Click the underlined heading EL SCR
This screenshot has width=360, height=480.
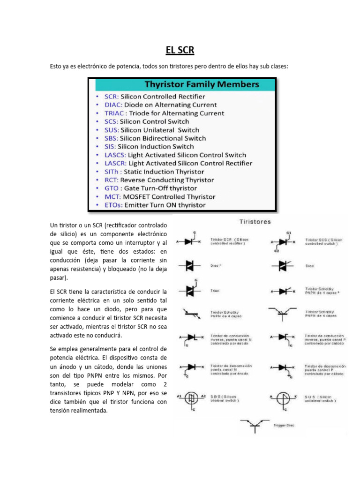point(180,50)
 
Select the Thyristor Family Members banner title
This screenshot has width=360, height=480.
point(202,85)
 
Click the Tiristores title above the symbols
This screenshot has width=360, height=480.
point(255,221)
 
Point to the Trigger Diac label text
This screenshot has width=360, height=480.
point(284,426)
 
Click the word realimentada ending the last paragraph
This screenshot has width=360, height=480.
point(90,411)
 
